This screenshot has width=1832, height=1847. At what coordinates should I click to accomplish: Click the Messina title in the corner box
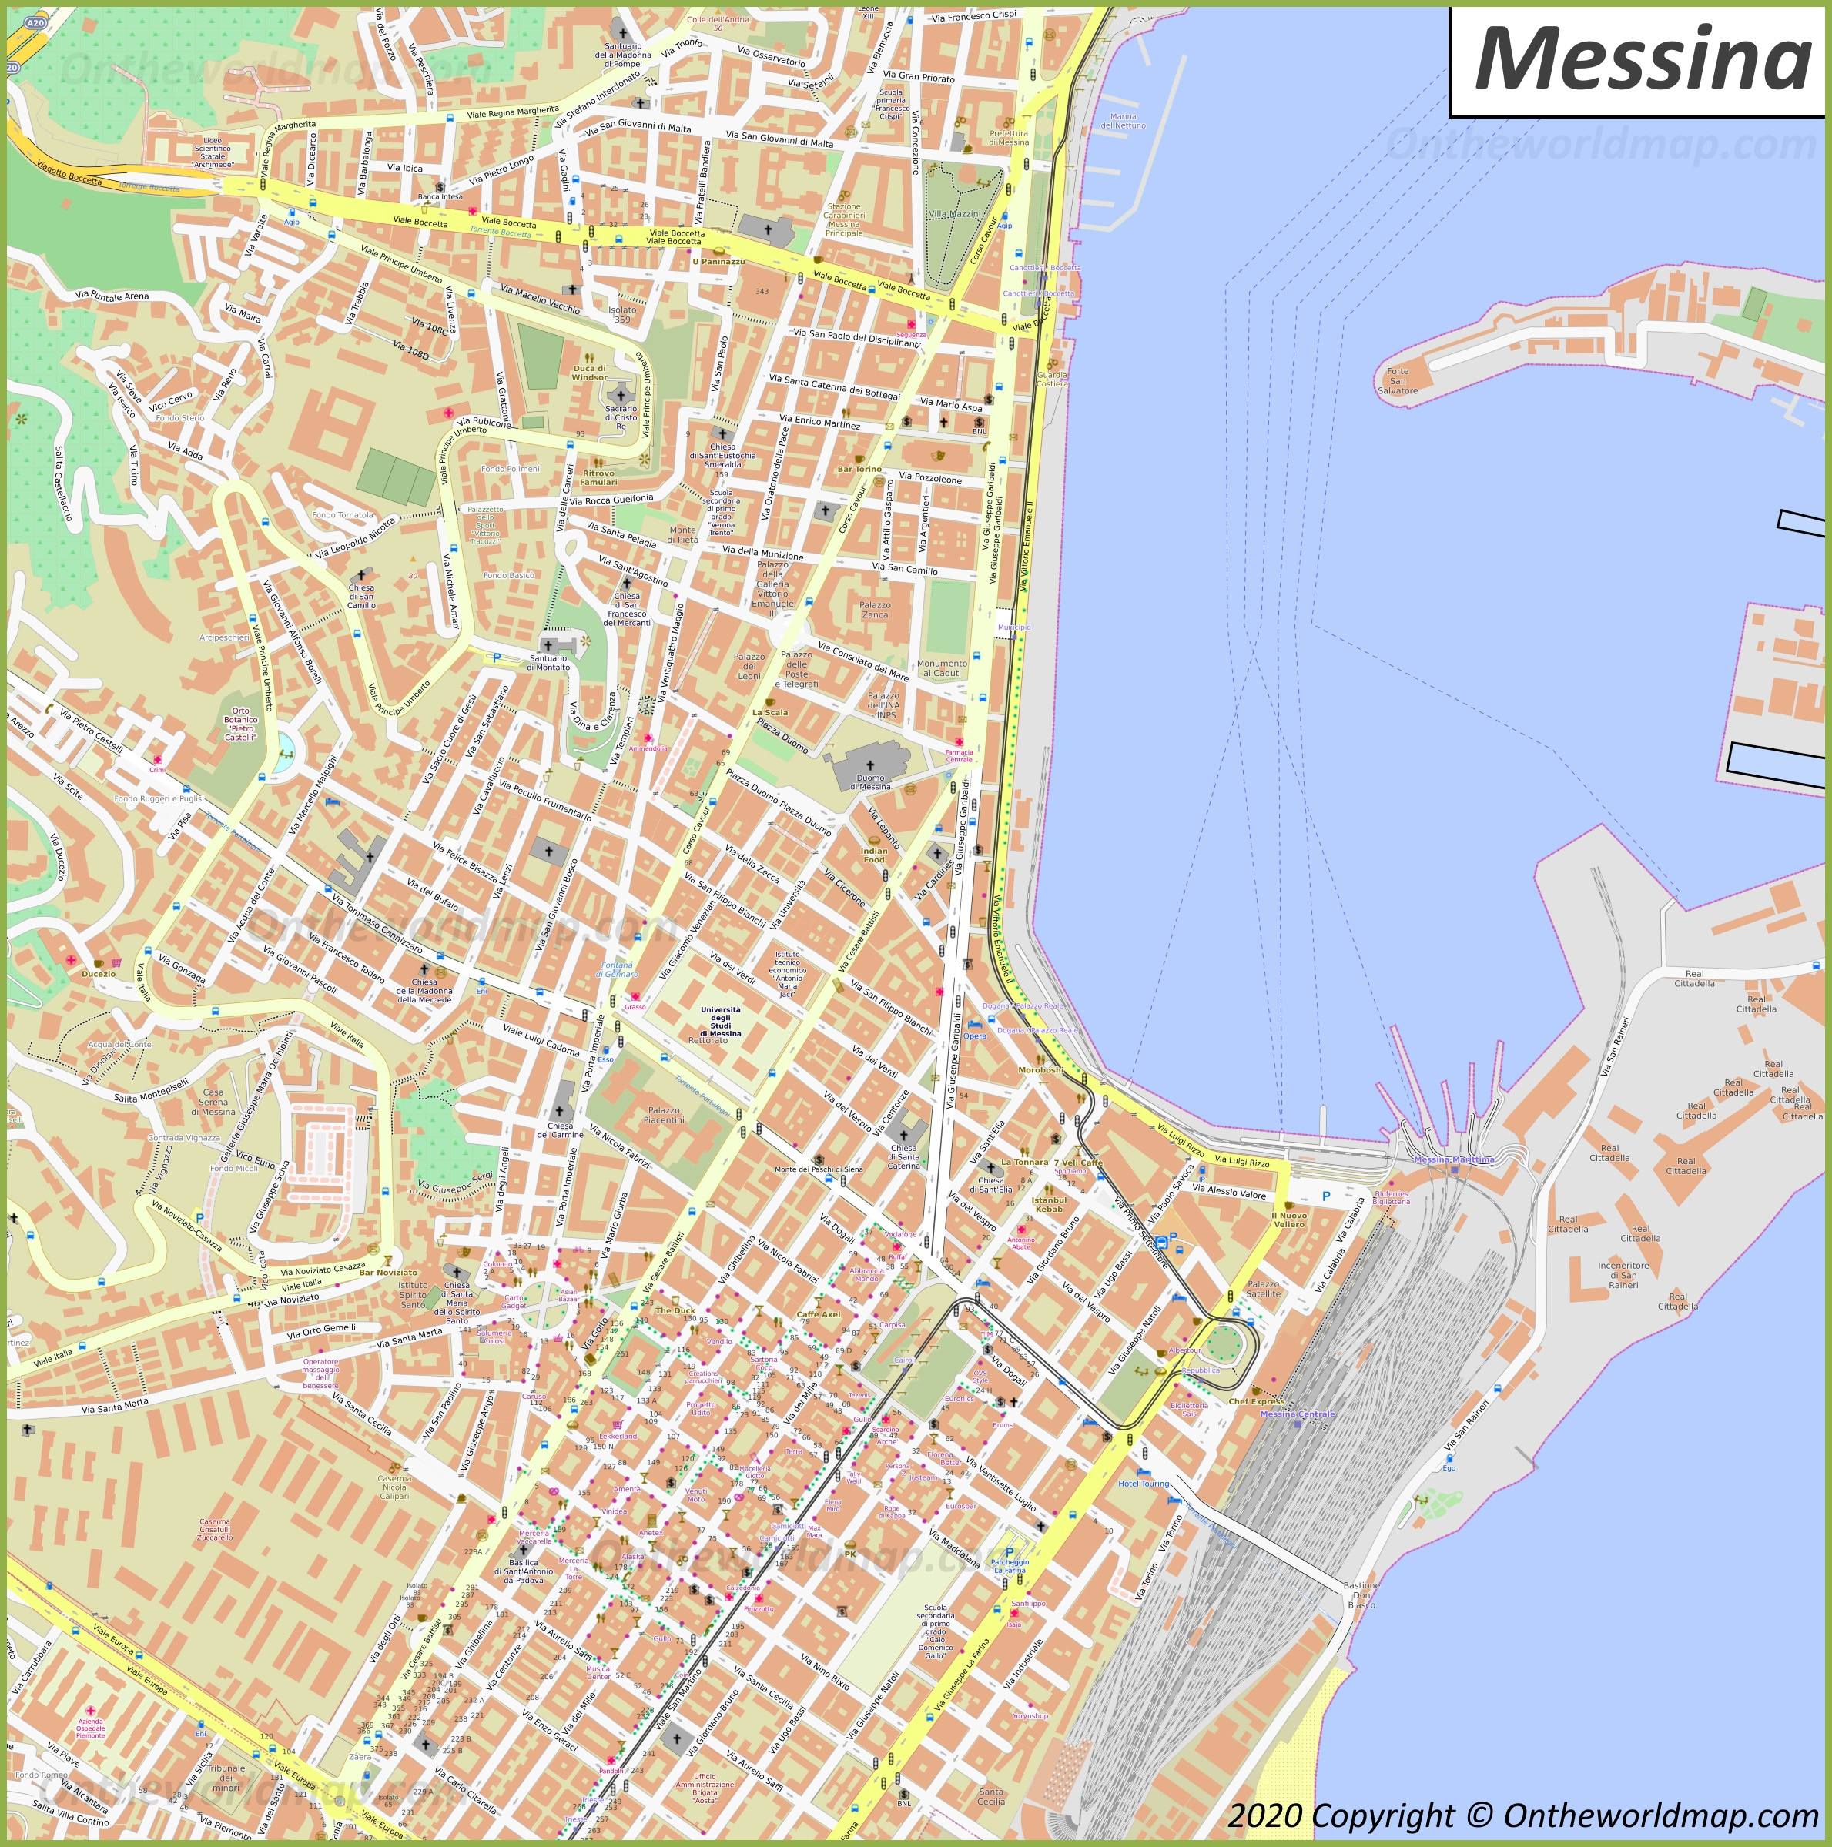click(x=1641, y=60)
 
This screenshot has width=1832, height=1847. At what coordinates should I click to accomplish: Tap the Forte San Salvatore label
click(x=1397, y=380)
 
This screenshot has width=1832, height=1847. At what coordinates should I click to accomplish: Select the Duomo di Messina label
click(x=870, y=781)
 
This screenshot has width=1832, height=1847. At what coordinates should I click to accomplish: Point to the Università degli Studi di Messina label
click(x=720, y=1023)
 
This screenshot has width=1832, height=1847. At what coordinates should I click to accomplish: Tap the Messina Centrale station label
click(x=1297, y=1413)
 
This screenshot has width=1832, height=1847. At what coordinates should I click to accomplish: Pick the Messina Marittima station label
click(x=1453, y=1159)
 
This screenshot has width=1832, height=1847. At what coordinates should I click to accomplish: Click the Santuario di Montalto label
click(x=549, y=661)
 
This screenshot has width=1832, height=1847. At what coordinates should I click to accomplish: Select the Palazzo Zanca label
click(x=874, y=610)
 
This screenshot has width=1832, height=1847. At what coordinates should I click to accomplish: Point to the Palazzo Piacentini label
click(x=662, y=1115)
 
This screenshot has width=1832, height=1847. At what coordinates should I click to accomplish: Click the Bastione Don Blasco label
click(x=1361, y=1594)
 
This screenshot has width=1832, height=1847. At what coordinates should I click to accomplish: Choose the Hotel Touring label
click(x=1144, y=1484)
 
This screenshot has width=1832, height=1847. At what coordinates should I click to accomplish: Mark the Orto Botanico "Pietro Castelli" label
click(x=240, y=723)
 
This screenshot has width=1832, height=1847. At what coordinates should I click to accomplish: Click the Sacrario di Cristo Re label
click(x=621, y=418)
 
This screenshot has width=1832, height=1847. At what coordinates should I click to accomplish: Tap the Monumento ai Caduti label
click(x=942, y=668)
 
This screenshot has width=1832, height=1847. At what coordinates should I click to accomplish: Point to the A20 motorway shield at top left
click(x=35, y=22)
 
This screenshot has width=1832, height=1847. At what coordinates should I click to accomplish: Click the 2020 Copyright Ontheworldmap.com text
click(x=1522, y=1815)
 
